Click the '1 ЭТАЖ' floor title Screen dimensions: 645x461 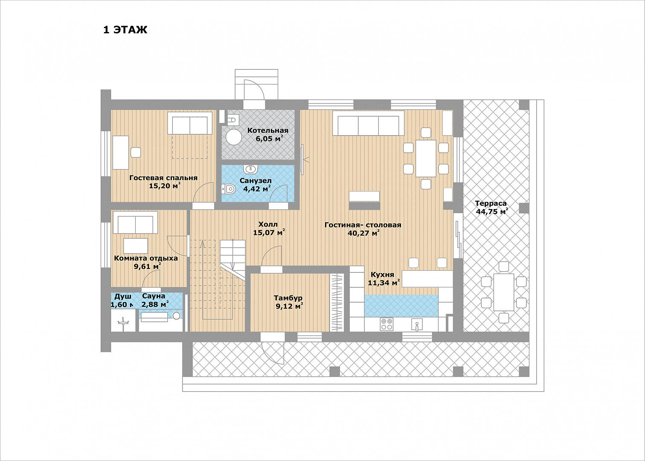(x=125, y=30)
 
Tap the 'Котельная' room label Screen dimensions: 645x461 (x=268, y=130)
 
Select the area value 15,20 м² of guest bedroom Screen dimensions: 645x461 (x=164, y=186)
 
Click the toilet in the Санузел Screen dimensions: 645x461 (x=229, y=189)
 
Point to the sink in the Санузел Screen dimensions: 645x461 (x=250, y=168)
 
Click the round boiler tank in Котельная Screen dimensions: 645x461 (x=233, y=137)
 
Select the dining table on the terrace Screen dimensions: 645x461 (x=504, y=292)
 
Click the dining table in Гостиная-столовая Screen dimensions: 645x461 (x=426, y=158)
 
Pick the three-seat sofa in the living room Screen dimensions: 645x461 (x=368, y=123)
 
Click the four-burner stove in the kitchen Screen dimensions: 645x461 (x=386, y=324)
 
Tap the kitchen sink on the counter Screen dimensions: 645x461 (x=417, y=324)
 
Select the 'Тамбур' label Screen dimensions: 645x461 (x=288, y=298)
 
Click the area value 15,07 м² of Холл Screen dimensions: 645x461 (x=269, y=233)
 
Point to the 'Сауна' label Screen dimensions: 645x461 (x=154, y=296)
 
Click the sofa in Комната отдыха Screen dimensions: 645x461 (x=135, y=222)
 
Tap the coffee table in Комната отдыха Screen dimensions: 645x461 (x=136, y=246)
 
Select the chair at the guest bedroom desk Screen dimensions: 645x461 (x=136, y=152)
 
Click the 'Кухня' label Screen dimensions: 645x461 (x=382, y=274)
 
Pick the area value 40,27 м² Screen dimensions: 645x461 (x=363, y=233)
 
